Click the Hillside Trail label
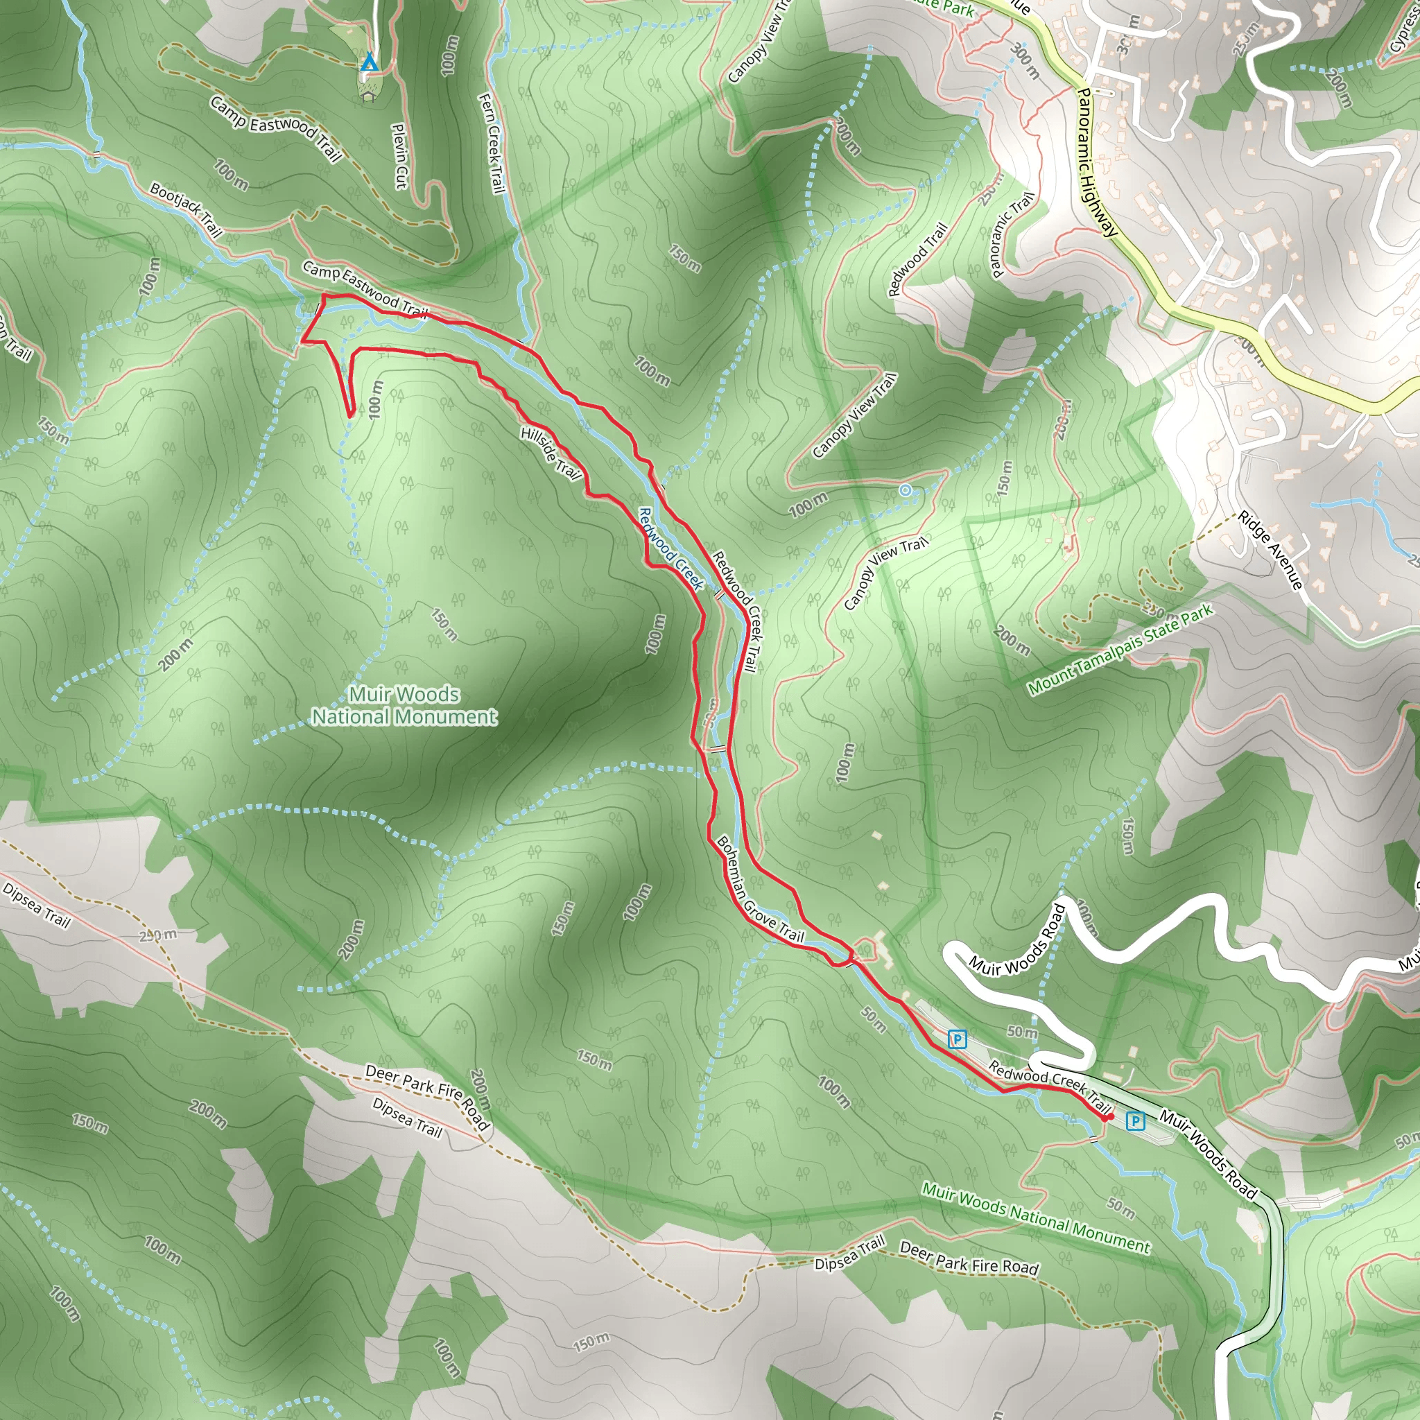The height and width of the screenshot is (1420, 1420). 551,452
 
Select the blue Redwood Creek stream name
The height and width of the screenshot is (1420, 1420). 671,548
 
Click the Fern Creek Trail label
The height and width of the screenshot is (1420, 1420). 492,143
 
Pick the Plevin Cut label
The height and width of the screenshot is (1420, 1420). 399,156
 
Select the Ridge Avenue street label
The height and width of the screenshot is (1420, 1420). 1270,550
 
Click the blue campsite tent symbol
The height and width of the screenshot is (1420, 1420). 369,63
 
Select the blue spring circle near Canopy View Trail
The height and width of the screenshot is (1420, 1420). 906,490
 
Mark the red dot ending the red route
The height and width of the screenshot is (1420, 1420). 1109,1117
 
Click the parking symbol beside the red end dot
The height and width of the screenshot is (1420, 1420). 1136,1121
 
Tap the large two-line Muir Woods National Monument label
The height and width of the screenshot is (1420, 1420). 404,705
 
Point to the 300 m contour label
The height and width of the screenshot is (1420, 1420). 1026,60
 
